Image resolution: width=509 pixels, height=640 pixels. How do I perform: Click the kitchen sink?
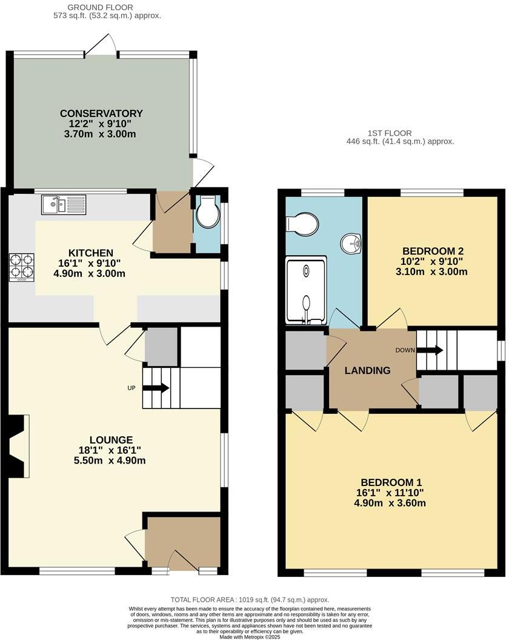click(64, 205)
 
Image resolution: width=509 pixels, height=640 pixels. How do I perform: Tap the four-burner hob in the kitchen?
click(21, 267)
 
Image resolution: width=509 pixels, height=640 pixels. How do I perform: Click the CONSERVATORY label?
click(101, 113)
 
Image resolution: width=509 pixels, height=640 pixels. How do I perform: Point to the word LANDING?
click(368, 371)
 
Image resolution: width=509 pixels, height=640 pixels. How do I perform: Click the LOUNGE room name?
click(111, 440)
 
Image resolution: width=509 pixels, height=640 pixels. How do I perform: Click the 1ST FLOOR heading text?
click(389, 133)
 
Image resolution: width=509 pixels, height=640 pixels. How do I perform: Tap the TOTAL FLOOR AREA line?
click(250, 599)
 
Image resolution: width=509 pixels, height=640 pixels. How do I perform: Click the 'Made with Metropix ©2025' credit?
click(250, 636)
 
